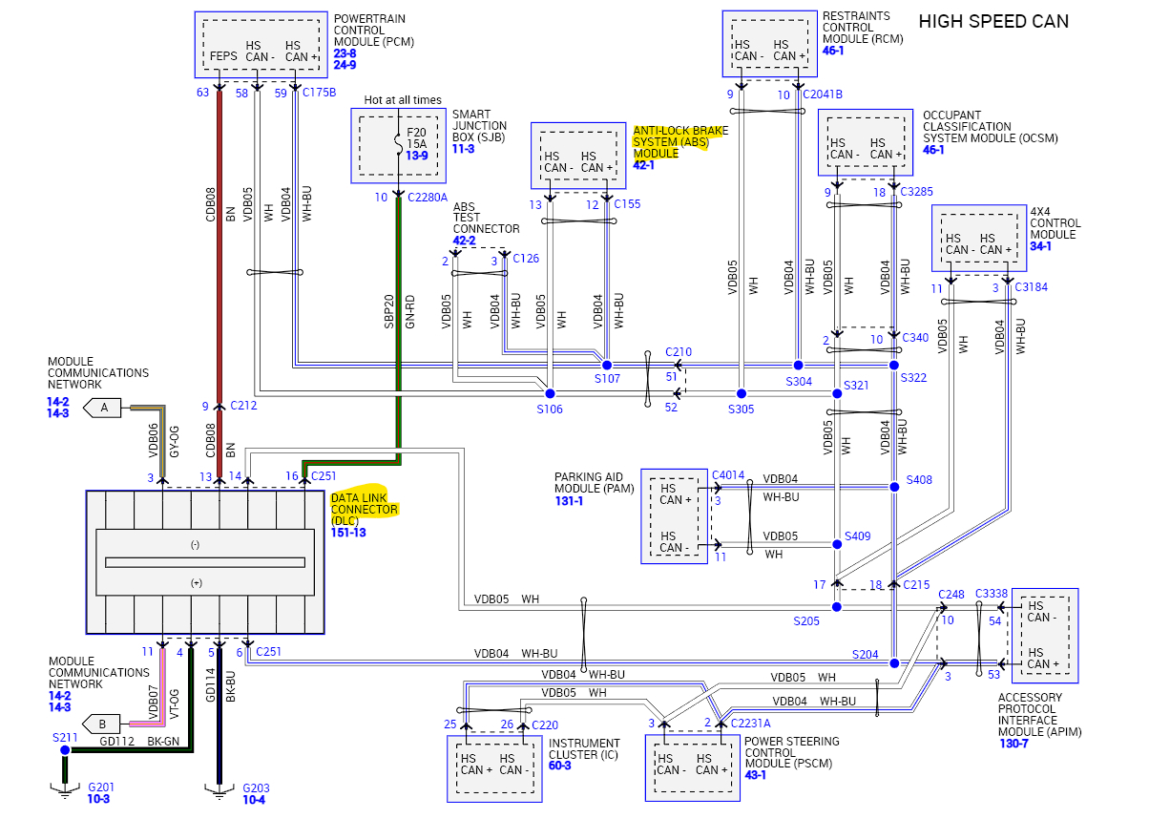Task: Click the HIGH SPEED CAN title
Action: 993,21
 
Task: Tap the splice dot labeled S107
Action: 606,366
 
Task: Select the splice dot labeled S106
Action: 549,393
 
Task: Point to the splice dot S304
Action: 798,366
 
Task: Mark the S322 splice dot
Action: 894,366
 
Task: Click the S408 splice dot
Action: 894,487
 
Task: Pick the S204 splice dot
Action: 894,662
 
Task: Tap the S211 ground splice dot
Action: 65,750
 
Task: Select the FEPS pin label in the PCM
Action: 223,56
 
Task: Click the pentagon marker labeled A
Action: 103,409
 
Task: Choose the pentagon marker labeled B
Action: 103,723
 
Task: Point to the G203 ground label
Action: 256,788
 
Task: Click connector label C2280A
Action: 427,198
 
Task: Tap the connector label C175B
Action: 319,93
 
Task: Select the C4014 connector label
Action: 728,473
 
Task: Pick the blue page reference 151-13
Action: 348,533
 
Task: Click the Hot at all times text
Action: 403,99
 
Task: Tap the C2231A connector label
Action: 750,724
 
